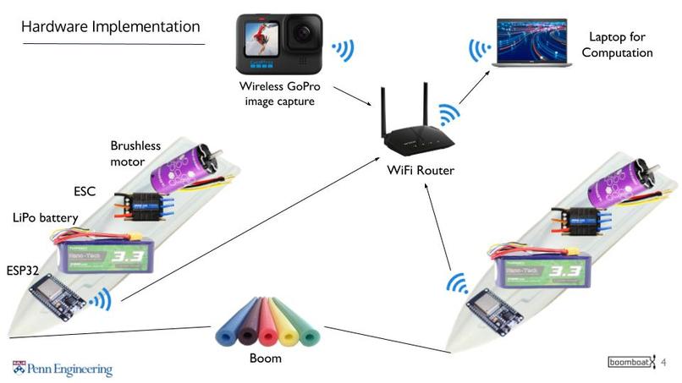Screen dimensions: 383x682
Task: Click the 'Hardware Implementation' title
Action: pos(111,27)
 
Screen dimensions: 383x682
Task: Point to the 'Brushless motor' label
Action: pos(135,153)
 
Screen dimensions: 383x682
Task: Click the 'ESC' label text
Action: pos(86,191)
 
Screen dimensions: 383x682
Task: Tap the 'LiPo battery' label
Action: pos(46,218)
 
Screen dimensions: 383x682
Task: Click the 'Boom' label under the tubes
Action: pos(266,358)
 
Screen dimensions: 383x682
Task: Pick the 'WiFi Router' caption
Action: pos(421,171)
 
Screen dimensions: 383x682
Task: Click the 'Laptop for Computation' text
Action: pos(617,46)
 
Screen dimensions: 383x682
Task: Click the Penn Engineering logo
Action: pos(62,369)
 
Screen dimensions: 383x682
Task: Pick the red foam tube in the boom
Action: pos(267,324)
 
